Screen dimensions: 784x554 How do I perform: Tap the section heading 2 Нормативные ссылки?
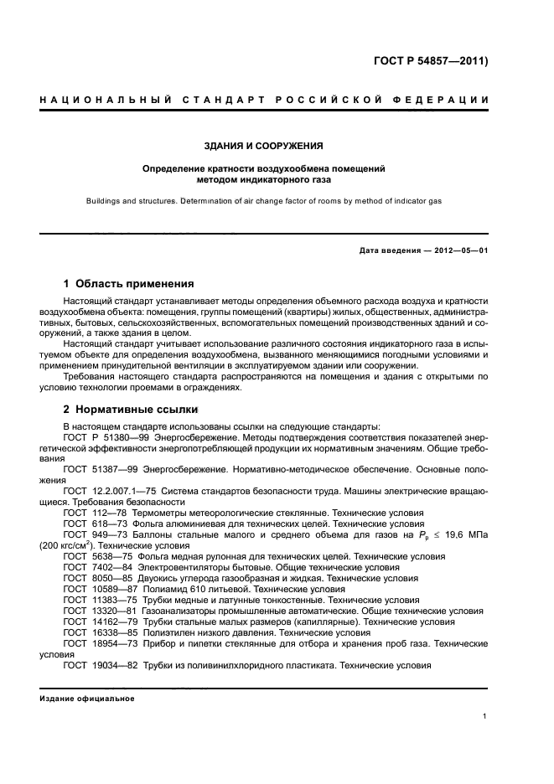pyautogui.click(x=131, y=410)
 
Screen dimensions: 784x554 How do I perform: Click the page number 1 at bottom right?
pyautogui.click(x=485, y=716)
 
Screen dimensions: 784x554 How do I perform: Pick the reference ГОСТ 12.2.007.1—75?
pyautogui.click(x=105, y=489)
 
